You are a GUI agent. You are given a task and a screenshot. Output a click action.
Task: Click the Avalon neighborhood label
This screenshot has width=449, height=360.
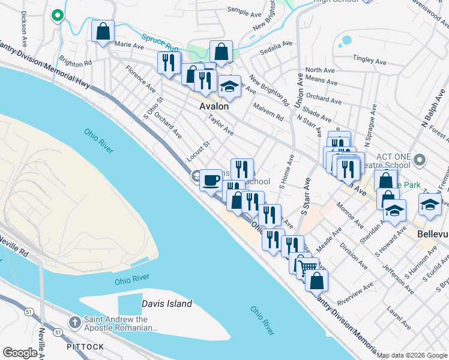coord(214,106)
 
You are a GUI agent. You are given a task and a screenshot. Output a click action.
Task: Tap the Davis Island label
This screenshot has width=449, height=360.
coord(167,304)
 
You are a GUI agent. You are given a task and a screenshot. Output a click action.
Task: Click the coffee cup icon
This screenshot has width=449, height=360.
coord(211,179)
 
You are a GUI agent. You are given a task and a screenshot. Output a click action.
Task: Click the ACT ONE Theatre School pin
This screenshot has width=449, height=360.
coord(420,160)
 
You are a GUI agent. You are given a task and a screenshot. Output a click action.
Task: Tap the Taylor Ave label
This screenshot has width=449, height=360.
coord(220,125)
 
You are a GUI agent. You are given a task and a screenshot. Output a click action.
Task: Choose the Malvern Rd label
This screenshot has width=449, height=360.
coord(268,114)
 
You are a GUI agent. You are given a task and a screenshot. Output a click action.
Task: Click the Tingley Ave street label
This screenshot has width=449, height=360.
coord(372,58)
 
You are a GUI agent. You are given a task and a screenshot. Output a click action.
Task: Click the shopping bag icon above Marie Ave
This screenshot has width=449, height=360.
coord(103,31)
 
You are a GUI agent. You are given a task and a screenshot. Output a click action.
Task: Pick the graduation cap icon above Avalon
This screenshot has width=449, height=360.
coord(229,87)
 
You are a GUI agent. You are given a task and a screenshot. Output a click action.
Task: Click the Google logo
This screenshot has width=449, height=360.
coord(19,353)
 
